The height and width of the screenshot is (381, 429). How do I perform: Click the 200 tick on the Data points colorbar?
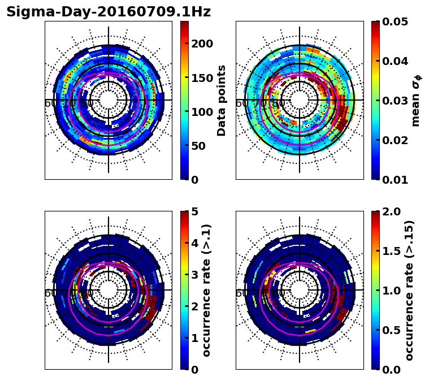click(x=202, y=44)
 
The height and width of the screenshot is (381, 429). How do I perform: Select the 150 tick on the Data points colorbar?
click(x=202, y=78)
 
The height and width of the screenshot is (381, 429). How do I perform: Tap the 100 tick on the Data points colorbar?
click(x=202, y=112)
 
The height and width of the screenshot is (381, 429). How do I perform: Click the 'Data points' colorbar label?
click(x=222, y=100)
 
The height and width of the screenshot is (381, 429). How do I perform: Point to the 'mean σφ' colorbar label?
click(x=417, y=100)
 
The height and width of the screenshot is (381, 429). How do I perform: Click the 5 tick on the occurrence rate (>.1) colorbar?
click(x=194, y=212)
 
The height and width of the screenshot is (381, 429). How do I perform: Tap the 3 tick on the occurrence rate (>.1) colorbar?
click(x=194, y=275)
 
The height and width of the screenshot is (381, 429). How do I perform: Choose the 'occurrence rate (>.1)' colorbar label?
click(x=207, y=290)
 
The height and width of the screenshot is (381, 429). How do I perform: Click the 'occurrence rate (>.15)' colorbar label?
click(x=410, y=290)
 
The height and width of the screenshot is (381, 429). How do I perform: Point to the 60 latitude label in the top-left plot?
click(x=50, y=103)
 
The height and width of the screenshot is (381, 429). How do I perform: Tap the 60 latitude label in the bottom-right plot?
click(x=241, y=293)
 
